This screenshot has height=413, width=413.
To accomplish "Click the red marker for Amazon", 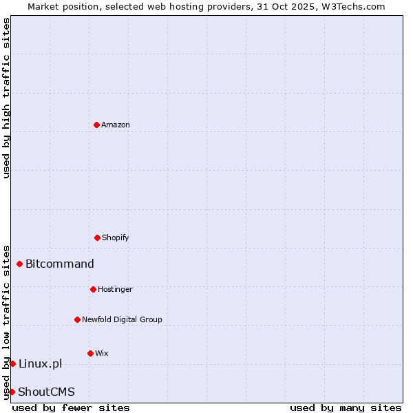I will [96, 125].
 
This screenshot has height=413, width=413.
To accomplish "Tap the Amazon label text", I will [116, 125].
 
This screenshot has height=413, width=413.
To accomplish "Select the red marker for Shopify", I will [97, 237].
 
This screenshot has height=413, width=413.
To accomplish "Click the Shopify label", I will [116, 238].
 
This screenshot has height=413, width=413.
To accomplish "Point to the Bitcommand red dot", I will [19, 264].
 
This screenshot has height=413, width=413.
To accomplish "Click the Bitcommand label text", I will [60, 264].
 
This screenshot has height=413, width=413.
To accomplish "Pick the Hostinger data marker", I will [93, 289].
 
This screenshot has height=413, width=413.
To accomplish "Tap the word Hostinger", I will [115, 290].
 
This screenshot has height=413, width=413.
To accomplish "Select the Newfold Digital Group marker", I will [77, 319].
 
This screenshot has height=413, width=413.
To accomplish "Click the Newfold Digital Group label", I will [122, 320].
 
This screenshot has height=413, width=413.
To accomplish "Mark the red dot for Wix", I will [90, 353].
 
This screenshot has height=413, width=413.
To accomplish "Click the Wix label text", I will [102, 354].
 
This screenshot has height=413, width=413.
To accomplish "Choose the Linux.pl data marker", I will [12, 363].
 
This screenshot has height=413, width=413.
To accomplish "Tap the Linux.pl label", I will [40, 364].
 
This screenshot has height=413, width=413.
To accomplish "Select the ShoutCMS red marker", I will [12, 392].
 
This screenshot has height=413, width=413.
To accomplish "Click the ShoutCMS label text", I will [46, 392].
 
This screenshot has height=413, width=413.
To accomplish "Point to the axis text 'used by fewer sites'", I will [71, 407].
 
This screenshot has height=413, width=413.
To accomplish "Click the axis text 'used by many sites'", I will [346, 407].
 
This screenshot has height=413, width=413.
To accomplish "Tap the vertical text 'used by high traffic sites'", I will [7, 98].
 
